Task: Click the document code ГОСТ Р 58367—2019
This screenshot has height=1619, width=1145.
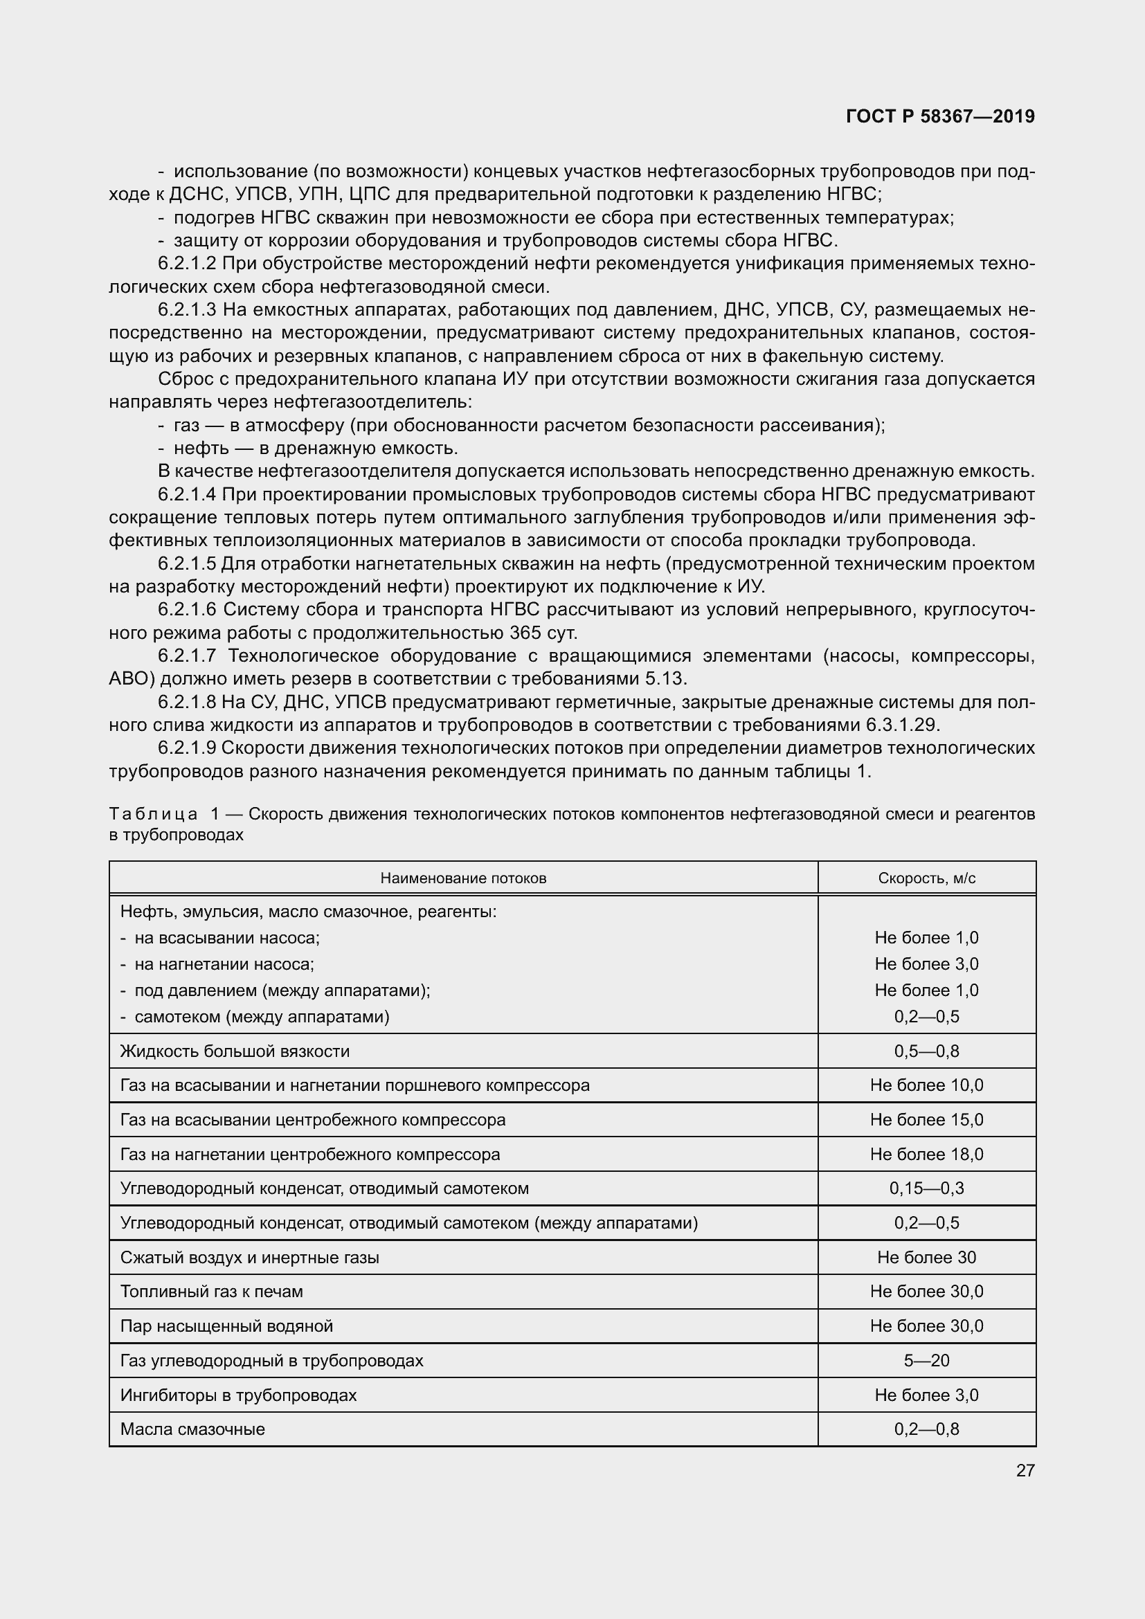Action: pyautogui.click(x=940, y=116)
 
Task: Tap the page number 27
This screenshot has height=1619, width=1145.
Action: pyautogui.click(x=1025, y=1470)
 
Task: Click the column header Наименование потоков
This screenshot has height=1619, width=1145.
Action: pyautogui.click(x=463, y=878)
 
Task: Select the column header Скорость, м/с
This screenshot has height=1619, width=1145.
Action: pyautogui.click(x=926, y=878)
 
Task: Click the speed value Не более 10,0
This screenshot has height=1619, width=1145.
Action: pyautogui.click(x=926, y=1085)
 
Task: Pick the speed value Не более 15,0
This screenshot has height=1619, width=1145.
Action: pyautogui.click(x=926, y=1120)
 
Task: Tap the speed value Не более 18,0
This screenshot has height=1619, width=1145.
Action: pyautogui.click(x=926, y=1155)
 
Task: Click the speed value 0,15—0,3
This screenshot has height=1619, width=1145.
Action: pyautogui.click(x=926, y=1189)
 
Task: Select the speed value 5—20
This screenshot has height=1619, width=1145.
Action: pyautogui.click(x=926, y=1360)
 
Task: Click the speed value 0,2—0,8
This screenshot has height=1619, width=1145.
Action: pyautogui.click(x=926, y=1429)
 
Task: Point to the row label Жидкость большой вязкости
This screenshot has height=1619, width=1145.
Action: pyautogui.click(x=235, y=1051)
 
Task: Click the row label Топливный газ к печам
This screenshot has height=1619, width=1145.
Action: pyautogui.click(x=212, y=1292)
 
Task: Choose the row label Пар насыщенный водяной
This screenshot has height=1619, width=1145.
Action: pyautogui.click(x=226, y=1326)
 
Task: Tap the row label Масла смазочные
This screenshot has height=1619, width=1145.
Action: pyautogui.click(x=192, y=1429)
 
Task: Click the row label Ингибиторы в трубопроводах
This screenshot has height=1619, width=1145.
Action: pyautogui.click(x=238, y=1395)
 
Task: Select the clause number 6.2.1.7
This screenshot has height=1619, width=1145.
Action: pyautogui.click(x=187, y=655)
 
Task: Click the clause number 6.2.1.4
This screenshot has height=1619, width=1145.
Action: pyautogui.click(x=187, y=494)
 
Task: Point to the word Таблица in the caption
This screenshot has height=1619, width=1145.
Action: pyautogui.click(x=153, y=814)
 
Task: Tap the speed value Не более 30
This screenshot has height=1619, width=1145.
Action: pyautogui.click(x=926, y=1257)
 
